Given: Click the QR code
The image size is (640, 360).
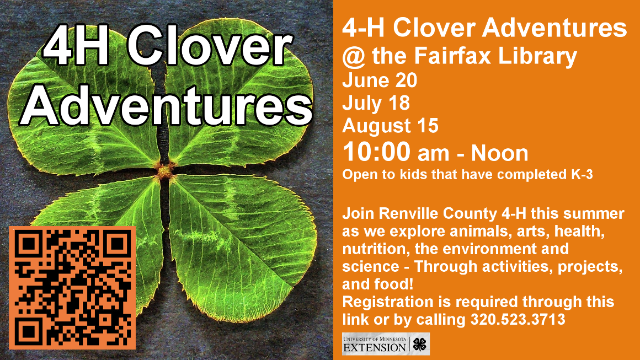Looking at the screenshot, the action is pos(72,288).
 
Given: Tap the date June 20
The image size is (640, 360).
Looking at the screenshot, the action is pos(380,80).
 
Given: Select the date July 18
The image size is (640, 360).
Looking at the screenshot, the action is pos(376,103).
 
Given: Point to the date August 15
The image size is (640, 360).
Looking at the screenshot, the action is pos(390,126).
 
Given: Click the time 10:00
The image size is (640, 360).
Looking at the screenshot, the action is pos(377,152).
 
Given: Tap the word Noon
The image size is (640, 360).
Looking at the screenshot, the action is pos(500,153).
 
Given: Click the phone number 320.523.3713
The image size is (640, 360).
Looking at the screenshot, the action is pos(518,319).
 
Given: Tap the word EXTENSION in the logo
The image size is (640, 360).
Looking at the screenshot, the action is pos(374,347).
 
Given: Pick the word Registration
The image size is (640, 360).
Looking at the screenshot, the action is pos(388,303).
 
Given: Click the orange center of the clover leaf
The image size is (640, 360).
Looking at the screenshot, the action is pos(164,170).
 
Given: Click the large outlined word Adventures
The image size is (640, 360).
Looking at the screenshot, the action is pos(166,105).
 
